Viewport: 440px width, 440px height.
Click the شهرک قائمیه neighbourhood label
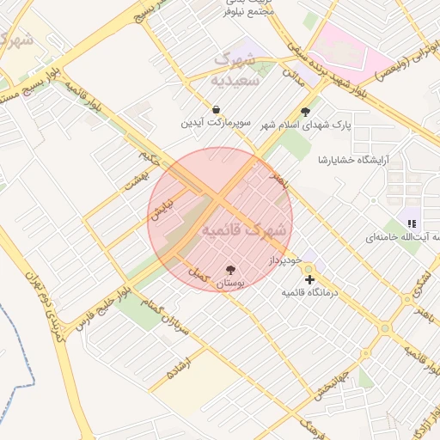tap(245, 230)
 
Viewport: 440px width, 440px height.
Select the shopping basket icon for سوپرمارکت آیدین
tap(216, 110)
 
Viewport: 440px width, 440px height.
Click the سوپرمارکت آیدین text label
tap(216, 124)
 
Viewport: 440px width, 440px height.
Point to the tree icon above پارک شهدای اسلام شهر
tap(306, 111)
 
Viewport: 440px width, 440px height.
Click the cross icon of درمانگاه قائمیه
tap(309, 279)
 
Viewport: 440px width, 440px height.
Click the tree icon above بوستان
tap(229, 270)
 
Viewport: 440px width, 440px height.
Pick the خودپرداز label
tap(283, 259)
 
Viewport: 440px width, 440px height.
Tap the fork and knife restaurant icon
tap(411, 223)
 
